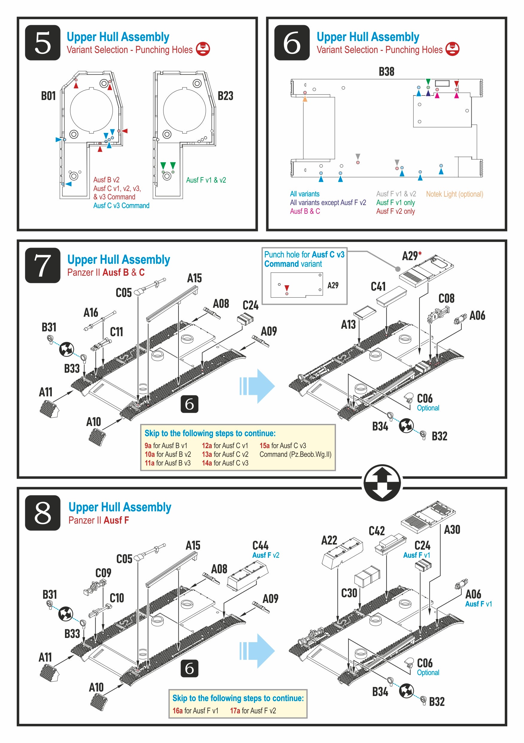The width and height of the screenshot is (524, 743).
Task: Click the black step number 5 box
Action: coord(43,43)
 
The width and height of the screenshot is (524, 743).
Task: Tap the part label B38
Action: coord(386,72)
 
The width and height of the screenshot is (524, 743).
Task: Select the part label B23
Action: coord(225,96)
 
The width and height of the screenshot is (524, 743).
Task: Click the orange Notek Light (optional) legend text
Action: coord(454,194)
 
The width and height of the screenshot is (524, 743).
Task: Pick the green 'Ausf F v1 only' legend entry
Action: coord(395,203)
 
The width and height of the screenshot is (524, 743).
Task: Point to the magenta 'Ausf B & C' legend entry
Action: coord(305,211)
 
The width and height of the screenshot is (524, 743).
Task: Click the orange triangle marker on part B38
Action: coord(305,99)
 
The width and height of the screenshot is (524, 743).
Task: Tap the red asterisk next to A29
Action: coord(420,253)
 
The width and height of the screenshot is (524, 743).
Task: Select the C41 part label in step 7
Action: coord(378,286)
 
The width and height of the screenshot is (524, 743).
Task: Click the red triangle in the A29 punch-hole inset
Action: coord(287,288)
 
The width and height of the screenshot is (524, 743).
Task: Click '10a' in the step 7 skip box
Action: coord(149,454)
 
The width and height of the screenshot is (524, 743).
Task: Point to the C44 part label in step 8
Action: coord(260,546)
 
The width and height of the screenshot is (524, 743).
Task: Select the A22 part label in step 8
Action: coord(329,540)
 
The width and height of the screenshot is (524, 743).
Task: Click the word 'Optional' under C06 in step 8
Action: coord(428,672)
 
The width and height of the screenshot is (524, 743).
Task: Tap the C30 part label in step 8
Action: coord(349,593)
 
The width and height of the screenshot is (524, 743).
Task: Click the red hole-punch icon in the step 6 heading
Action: coord(452,49)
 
